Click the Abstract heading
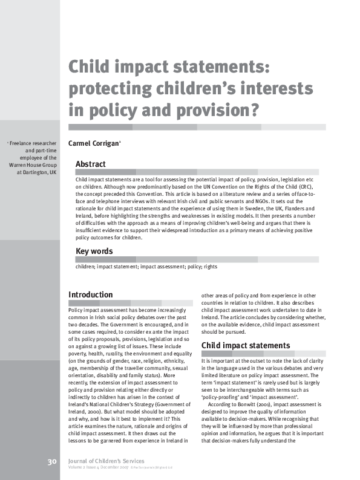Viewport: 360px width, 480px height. tap(90, 164)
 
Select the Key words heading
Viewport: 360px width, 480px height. tap(94, 251)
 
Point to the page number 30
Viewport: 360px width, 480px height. tap(52, 462)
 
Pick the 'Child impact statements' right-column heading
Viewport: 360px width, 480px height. tap(246, 345)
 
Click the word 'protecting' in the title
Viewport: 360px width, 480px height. tap(106, 89)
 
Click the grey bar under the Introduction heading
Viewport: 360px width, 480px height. tap(131, 303)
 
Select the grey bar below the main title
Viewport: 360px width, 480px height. tap(197, 127)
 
